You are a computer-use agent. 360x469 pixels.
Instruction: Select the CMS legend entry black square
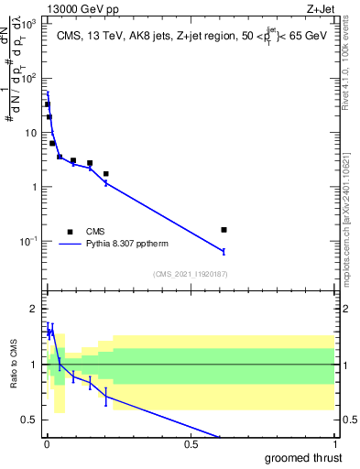tap(71, 232)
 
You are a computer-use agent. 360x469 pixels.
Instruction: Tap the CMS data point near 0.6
tap(224, 230)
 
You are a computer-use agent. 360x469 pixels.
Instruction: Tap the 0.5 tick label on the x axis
tap(191, 444)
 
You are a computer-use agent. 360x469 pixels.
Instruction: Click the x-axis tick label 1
tap(335, 444)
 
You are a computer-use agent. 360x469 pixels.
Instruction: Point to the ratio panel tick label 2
tap(34, 308)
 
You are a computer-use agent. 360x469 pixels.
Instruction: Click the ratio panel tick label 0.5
tap(30, 420)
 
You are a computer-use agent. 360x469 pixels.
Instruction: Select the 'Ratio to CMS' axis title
tap(13, 365)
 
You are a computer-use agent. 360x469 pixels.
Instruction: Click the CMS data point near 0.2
tap(106, 174)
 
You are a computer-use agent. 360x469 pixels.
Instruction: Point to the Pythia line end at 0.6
tap(224, 251)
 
